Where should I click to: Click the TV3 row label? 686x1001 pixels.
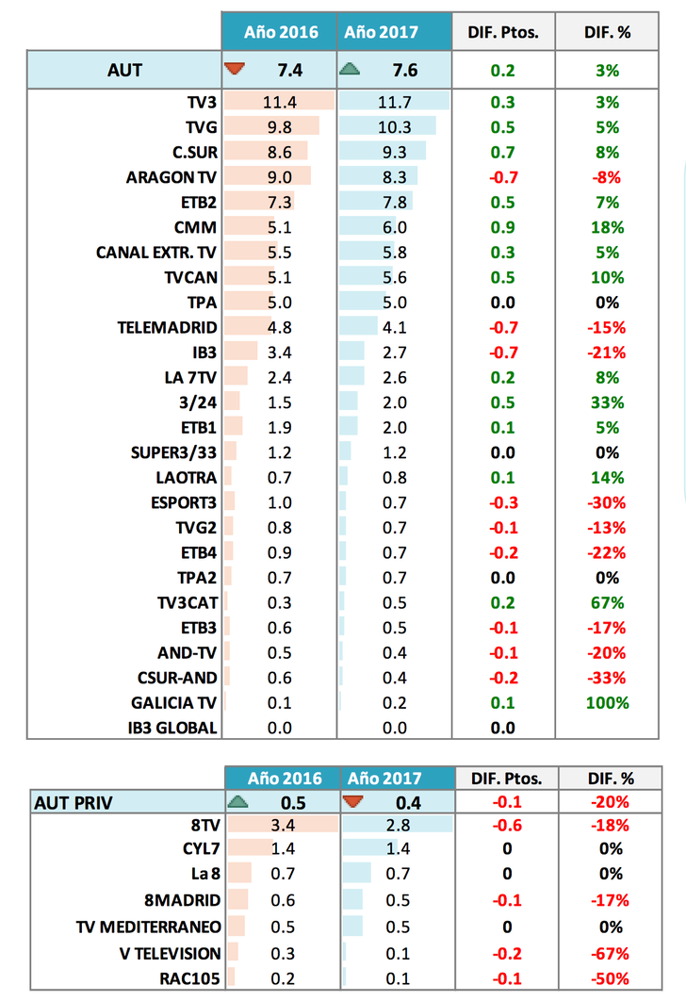click(202, 102)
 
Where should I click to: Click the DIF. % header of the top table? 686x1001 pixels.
click(607, 32)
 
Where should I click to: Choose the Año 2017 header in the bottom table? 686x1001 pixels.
click(384, 779)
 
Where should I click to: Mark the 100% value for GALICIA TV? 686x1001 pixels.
click(607, 703)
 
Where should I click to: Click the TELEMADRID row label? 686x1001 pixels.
click(167, 327)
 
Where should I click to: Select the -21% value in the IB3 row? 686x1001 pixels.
click(607, 353)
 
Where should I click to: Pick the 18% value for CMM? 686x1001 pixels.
click(607, 227)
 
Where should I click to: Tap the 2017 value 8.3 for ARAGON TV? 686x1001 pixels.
click(396, 177)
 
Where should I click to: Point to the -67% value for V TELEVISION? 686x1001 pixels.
click(607, 954)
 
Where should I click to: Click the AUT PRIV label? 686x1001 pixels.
click(73, 803)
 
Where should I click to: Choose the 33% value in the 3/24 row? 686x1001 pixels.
click(607, 402)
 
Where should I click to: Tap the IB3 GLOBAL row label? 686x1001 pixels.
click(172, 728)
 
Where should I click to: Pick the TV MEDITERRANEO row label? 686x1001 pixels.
click(148, 928)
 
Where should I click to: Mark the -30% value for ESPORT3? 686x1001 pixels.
click(607, 502)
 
